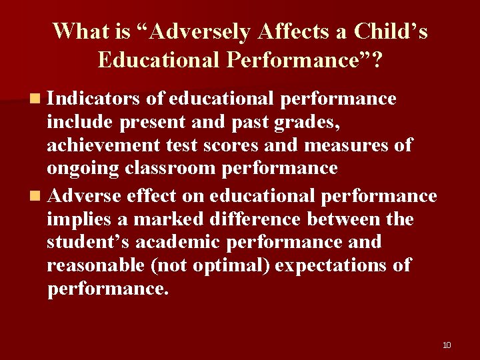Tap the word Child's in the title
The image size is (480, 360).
[391, 32]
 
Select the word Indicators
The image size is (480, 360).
[94, 99]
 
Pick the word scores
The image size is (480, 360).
[246, 145]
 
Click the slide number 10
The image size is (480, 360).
[447, 345]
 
